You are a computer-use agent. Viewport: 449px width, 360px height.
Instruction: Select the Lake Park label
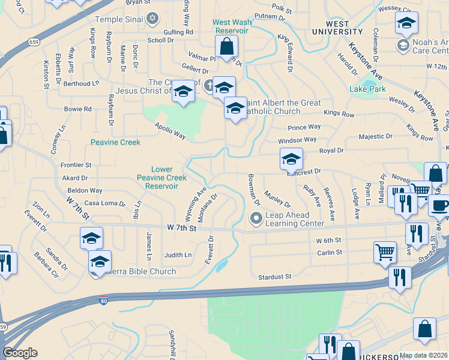coord(368,89)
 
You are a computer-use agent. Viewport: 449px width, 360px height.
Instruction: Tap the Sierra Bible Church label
coord(141,271)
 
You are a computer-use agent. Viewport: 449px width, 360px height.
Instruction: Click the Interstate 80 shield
coord(103,300)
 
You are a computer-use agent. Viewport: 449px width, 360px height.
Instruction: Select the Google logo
coord(20,352)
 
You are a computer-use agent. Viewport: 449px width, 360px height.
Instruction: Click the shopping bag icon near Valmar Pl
coord(227,46)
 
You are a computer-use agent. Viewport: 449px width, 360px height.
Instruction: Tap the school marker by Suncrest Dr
coord(291,159)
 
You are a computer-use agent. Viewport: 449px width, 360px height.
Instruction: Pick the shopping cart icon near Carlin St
coord(385,252)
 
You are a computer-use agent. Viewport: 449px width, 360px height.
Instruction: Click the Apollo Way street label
coord(170,130)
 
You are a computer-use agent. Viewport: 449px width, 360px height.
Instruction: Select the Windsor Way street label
coord(297,140)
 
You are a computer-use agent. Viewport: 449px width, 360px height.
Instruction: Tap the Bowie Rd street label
coord(78,109)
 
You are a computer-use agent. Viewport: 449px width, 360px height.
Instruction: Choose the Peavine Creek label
coord(115,142)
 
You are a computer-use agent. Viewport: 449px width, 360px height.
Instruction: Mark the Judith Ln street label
coord(178,255)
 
